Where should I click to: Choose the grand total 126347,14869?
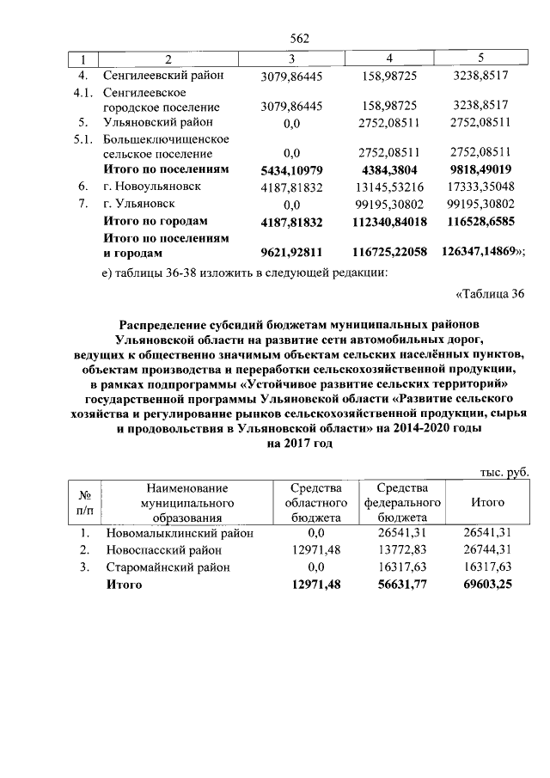(482, 254)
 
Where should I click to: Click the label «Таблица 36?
(488, 295)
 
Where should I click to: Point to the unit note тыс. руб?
(504, 472)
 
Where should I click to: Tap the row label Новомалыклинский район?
(180, 533)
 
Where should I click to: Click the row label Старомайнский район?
(168, 567)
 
